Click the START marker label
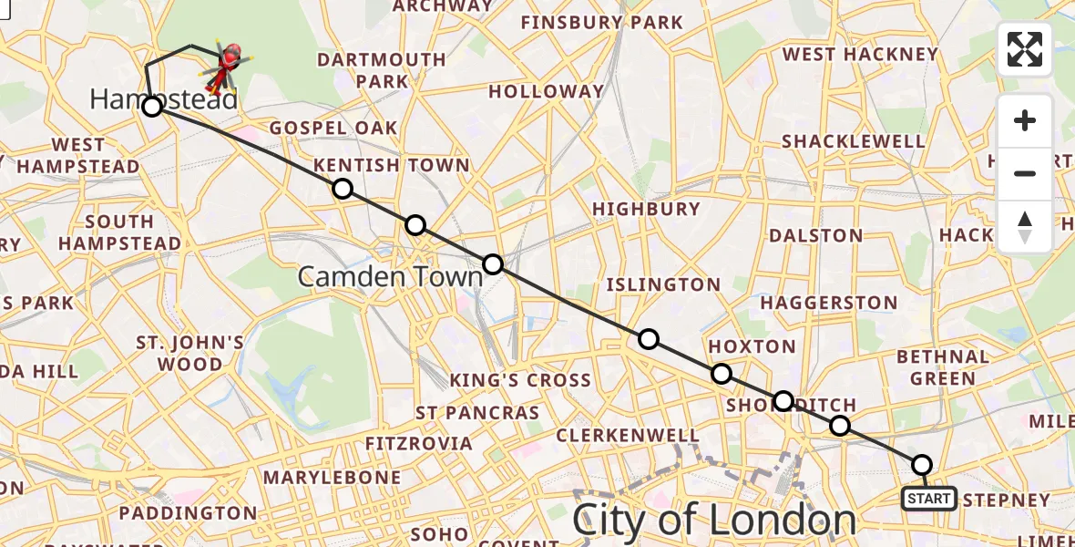click(x=928, y=499)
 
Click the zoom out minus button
click(x=1025, y=173)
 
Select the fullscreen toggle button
click(x=1025, y=49)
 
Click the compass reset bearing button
click(x=1025, y=226)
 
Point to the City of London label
click(x=714, y=521)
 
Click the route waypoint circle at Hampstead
click(x=152, y=107)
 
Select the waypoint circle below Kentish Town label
click(x=342, y=189)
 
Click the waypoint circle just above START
click(x=922, y=465)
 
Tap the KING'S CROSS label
click(x=520, y=380)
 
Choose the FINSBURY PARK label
click(x=601, y=22)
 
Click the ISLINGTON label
click(x=668, y=284)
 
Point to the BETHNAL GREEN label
click(x=943, y=367)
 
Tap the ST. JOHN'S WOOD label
click(x=189, y=354)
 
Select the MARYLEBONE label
click(x=332, y=477)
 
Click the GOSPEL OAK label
click(x=333, y=128)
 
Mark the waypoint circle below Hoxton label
click(x=722, y=374)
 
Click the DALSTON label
click(x=816, y=235)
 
